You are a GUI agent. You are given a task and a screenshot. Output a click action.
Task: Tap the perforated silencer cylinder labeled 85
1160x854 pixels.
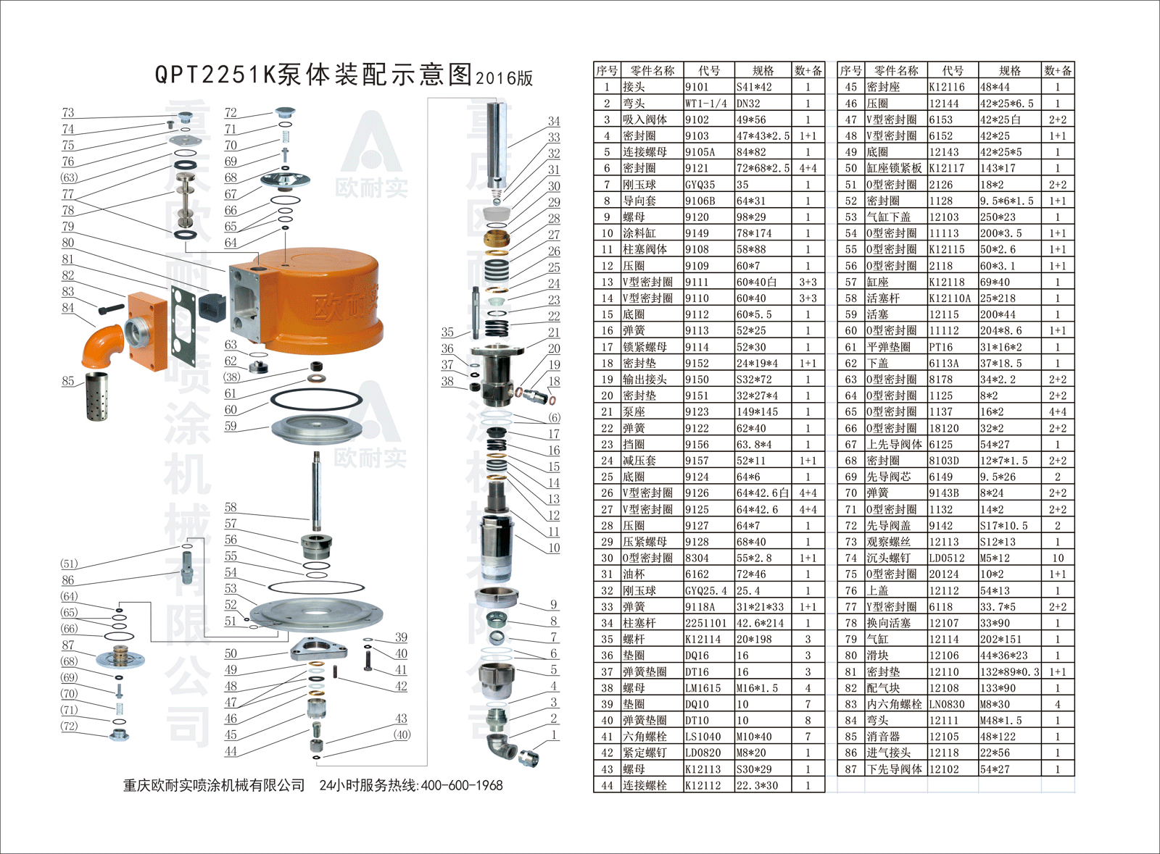(97, 396)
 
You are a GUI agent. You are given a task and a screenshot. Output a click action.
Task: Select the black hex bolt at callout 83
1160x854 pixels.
(111, 309)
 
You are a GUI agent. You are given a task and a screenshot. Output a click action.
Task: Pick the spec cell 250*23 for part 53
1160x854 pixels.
(998, 217)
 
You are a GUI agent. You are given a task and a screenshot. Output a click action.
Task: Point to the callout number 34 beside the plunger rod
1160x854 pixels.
(554, 121)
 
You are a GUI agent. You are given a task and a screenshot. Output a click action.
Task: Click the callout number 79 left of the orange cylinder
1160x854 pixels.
(68, 227)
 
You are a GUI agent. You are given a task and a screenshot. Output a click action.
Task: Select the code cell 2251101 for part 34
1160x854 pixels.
(706, 624)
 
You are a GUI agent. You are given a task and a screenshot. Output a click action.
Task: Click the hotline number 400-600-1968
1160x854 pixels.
(462, 786)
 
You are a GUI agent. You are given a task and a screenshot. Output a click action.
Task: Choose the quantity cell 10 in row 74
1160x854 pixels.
(1058, 558)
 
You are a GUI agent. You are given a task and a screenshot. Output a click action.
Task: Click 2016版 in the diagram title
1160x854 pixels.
(504, 78)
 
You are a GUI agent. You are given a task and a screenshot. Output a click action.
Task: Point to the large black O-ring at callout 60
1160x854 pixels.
(316, 400)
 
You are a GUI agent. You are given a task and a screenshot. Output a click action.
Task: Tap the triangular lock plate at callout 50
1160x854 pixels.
(318, 649)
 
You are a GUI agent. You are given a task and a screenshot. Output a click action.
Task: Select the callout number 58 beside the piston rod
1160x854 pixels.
(231, 507)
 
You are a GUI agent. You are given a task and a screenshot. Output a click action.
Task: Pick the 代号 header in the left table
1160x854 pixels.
(709, 71)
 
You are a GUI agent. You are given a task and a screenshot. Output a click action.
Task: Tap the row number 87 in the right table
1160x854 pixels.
(851, 769)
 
